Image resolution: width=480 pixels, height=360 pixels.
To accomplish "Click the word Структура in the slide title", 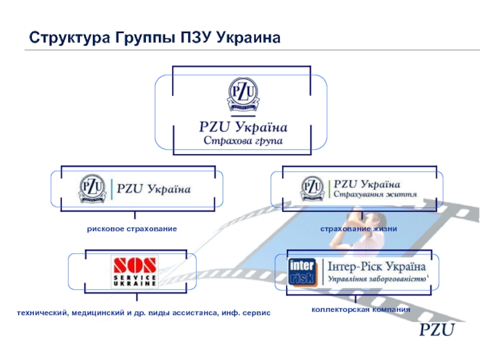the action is click(x=67, y=39).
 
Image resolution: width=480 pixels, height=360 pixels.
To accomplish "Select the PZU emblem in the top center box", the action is click(x=242, y=95).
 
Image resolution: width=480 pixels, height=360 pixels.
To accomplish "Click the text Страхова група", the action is click(x=242, y=142).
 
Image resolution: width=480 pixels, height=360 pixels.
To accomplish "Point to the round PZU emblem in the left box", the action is click(x=94, y=188).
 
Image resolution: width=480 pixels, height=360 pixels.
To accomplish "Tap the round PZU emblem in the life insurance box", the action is click(x=313, y=188).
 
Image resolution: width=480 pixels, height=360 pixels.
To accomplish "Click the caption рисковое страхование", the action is click(x=131, y=229).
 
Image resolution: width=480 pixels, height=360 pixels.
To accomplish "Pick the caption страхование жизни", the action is click(x=358, y=229).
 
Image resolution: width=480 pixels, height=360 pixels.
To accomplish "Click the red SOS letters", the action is click(x=134, y=265).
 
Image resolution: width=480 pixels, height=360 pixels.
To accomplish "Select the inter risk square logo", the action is click(x=302, y=272).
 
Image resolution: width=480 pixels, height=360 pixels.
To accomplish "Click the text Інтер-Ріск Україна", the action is click(x=376, y=266).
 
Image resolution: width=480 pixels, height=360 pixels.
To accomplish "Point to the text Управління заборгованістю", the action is click(x=376, y=279).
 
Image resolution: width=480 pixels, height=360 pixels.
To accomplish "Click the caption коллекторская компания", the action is click(x=361, y=310).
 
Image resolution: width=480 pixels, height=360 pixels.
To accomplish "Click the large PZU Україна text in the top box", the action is click(x=243, y=127).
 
